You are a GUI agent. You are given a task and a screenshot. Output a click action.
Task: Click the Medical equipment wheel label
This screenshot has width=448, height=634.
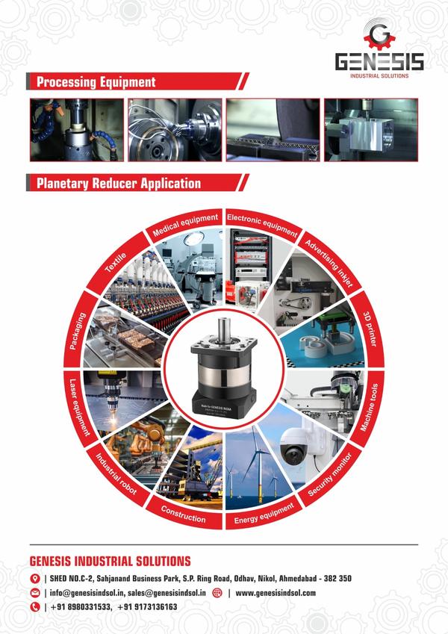[x=185, y=223]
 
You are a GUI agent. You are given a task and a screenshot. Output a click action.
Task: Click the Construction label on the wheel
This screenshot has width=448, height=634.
[x=184, y=514]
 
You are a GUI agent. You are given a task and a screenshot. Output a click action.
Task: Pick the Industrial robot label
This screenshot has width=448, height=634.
[x=119, y=476]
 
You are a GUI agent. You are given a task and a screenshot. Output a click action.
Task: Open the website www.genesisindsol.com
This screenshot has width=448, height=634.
[x=276, y=593]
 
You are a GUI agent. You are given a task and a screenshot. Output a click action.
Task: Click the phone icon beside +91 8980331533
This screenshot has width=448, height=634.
[x=34, y=607]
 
